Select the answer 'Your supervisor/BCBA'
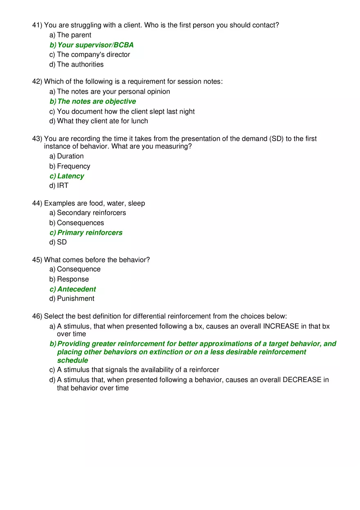click(95, 45)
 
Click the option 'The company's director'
click(93, 55)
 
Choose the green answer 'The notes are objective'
click(96, 101)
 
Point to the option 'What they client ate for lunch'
click(102, 121)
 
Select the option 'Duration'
click(70, 156)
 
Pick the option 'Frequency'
click(73, 166)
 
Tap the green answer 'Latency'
click(70, 176)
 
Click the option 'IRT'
click(63, 186)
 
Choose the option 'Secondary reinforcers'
click(91, 213)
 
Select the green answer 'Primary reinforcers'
click(90, 233)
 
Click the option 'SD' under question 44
click(62, 243)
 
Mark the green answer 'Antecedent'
click(76, 289)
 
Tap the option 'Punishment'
click(75, 299)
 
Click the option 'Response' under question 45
click(72, 279)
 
